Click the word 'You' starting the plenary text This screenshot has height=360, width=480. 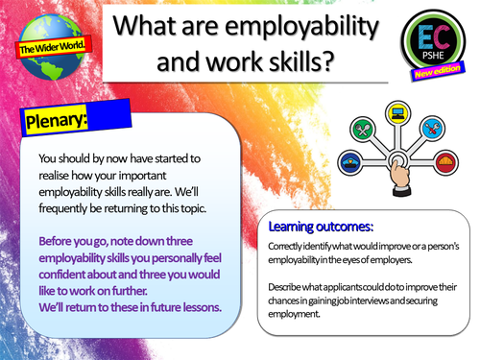click(47, 158)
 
